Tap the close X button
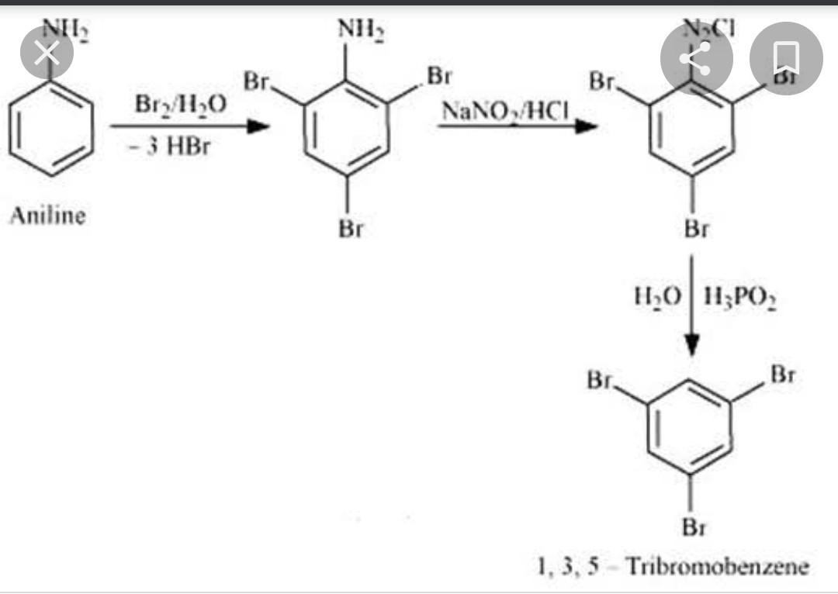[47, 54]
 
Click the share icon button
[696, 58]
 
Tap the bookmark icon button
[786, 58]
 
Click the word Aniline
[47, 216]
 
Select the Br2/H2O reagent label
[181, 104]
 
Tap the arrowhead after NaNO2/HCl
[586, 126]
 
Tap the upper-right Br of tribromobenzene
[783, 375]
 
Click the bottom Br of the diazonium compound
[696, 229]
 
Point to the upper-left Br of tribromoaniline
[256, 81]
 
